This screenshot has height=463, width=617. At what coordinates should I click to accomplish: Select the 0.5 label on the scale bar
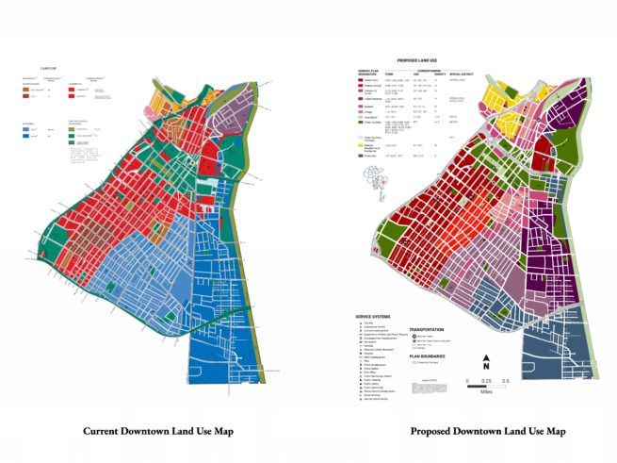[x=507, y=382]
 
